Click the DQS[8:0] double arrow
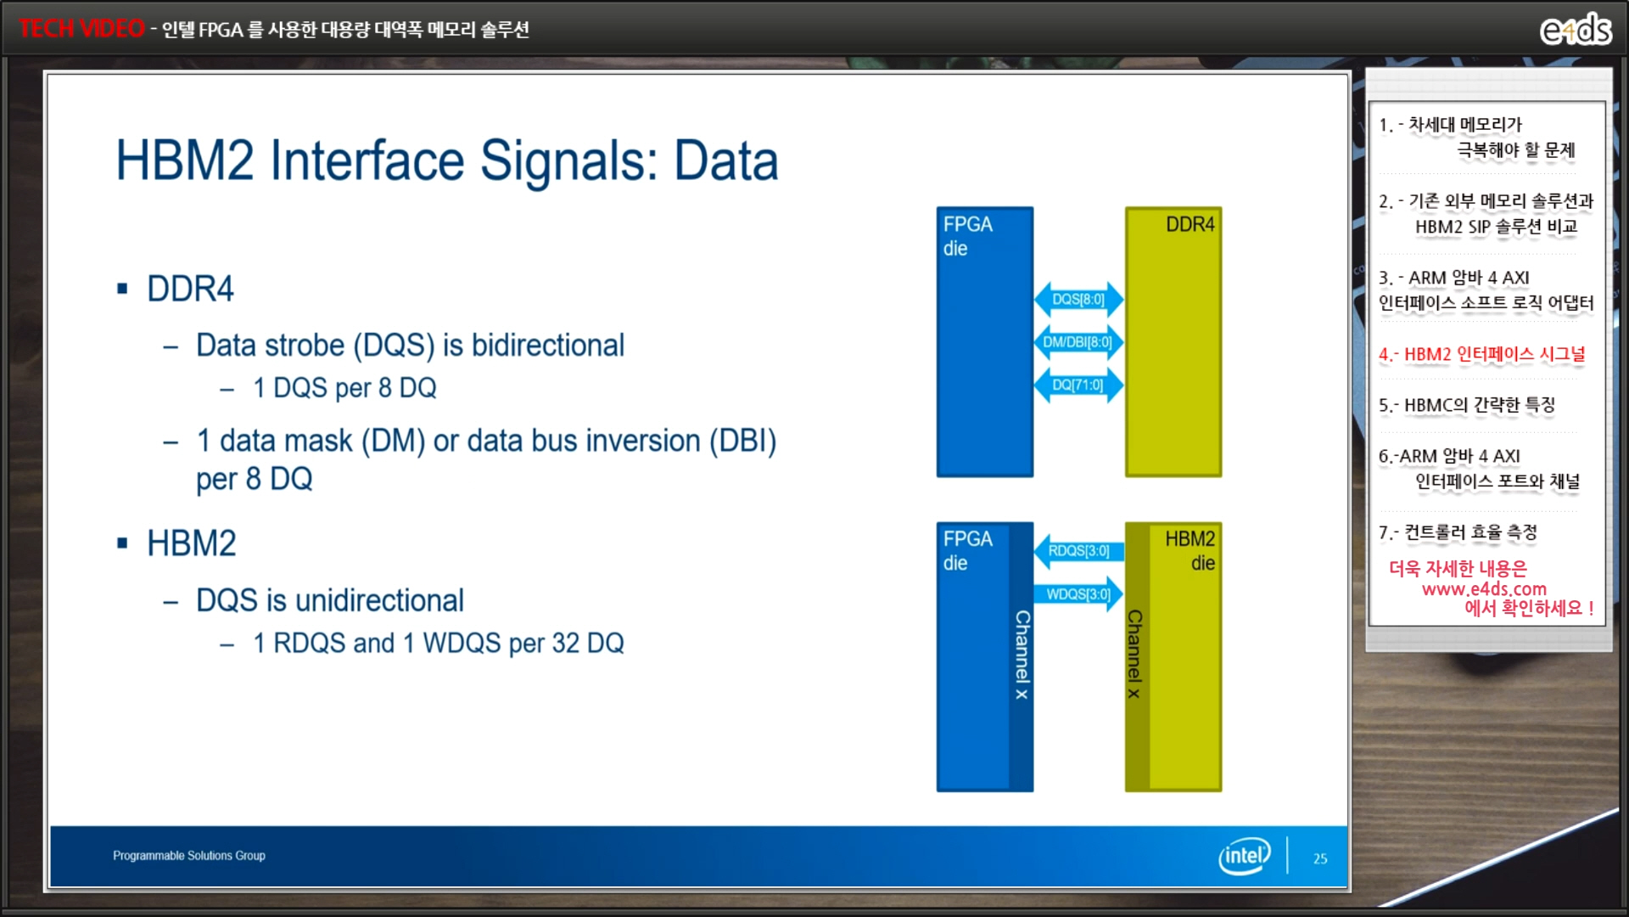[x=1078, y=299]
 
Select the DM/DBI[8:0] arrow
[x=1078, y=342]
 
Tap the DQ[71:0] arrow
[x=1078, y=385]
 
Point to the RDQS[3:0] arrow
[x=1078, y=551]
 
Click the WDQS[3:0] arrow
[x=1078, y=594]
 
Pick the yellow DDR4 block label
[x=1190, y=224]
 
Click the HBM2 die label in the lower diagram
[x=1190, y=550]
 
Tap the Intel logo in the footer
[x=1245, y=856]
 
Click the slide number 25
[x=1320, y=858]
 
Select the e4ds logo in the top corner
[x=1576, y=29]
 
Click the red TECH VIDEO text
[x=81, y=28]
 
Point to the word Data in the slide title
[x=725, y=160]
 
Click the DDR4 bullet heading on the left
[x=190, y=289]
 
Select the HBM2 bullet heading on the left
[x=192, y=543]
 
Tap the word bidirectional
[x=548, y=346]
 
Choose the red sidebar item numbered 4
[x=1481, y=354]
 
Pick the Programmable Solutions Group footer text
[x=189, y=856]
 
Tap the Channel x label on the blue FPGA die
[x=1022, y=655]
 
